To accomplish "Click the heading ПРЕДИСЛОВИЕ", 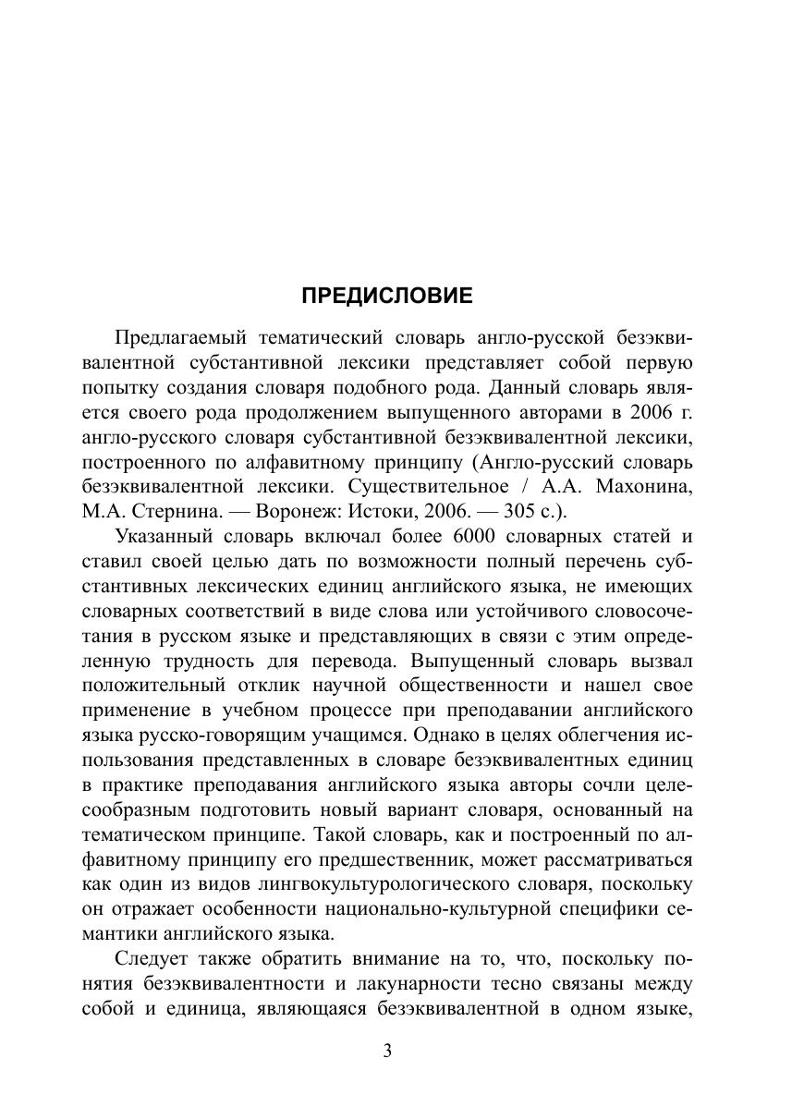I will coord(386,296).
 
